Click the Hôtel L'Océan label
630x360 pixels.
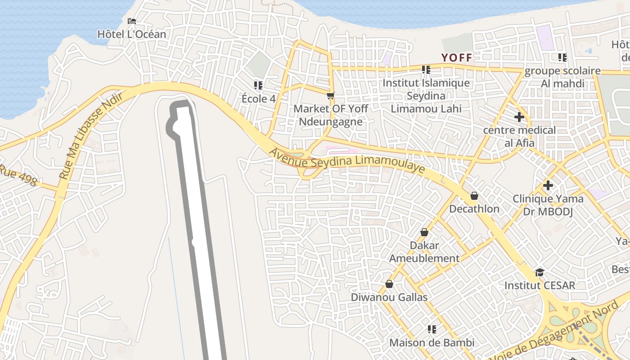click(131, 34)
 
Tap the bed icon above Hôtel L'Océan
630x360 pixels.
click(131, 21)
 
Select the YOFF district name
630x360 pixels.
click(457, 58)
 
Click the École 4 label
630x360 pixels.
click(258, 99)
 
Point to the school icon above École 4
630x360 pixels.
click(258, 85)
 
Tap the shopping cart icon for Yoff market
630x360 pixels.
click(331, 95)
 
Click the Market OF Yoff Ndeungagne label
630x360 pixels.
click(331, 115)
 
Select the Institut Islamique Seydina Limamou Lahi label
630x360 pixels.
click(426, 96)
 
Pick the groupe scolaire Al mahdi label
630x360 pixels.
click(562, 77)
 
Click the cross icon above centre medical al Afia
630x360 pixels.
click(519, 117)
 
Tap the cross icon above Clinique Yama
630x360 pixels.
click(548, 185)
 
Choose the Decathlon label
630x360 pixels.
click(474, 209)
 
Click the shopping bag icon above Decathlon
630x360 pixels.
click(474, 196)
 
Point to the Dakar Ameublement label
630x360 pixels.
click(424, 252)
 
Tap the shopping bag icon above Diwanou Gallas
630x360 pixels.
click(389, 284)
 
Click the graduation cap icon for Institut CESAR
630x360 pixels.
click(540, 272)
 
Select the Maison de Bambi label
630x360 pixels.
click(432, 343)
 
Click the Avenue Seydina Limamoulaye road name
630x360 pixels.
click(346, 160)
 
